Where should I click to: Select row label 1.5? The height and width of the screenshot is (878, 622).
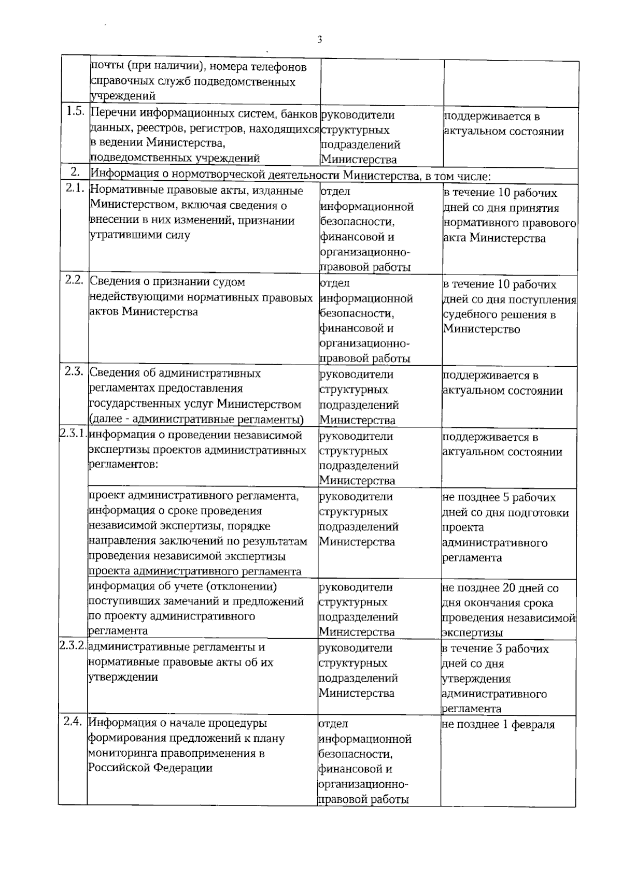coord(75,111)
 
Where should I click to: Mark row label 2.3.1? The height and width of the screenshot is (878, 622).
coord(73,434)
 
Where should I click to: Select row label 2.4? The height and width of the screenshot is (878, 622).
coord(73,721)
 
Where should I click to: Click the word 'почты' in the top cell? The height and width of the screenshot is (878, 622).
coord(107,67)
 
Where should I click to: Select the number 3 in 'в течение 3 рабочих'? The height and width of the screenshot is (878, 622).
coord(508,649)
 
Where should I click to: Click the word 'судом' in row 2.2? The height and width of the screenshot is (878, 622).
coord(230,282)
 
